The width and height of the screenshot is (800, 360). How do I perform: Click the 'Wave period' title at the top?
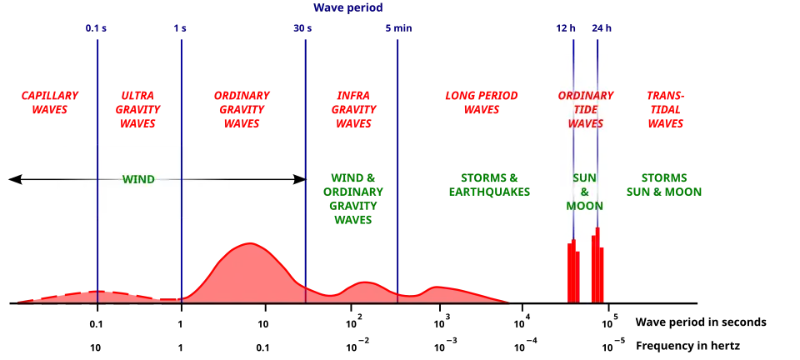349,7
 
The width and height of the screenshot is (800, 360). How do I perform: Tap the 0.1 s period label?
96,27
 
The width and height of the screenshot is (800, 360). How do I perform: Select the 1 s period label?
180,27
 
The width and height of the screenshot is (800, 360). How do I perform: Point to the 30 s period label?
302,27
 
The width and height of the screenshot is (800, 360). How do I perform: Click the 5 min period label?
397,27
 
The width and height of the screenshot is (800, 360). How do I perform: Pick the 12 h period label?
566,27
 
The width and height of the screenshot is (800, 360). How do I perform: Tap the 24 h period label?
601,27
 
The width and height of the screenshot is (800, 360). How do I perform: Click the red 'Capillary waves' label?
50,102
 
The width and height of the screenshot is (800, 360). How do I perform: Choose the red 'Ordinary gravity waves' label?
242,109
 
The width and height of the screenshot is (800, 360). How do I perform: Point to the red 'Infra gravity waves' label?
354,109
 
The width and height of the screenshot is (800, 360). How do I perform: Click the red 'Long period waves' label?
482,102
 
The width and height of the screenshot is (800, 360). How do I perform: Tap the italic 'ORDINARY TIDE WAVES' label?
585,109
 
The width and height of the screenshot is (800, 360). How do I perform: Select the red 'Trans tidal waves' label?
666,109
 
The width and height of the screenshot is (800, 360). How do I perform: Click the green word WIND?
138,179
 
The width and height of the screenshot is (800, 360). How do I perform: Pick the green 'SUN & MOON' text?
585,192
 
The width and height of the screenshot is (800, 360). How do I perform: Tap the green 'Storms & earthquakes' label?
488,185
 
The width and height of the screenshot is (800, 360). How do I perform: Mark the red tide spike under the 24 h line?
597,267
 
